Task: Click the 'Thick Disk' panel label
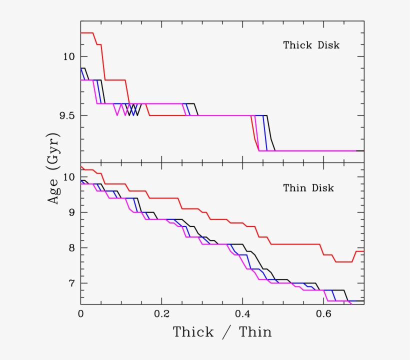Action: tap(311, 45)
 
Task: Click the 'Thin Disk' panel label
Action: tap(308, 188)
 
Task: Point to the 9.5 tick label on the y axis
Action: tap(67, 115)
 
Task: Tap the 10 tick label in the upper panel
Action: tap(69, 56)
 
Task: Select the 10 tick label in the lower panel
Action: tap(69, 177)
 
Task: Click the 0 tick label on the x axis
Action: tap(80, 315)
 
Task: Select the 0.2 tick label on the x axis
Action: tap(161, 315)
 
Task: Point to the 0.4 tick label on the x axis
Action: tap(242, 315)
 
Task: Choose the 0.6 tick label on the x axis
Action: tap(323, 315)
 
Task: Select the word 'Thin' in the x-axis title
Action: tap(254, 332)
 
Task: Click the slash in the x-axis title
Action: tap(227, 332)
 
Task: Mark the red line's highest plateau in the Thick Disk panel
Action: tap(87, 33)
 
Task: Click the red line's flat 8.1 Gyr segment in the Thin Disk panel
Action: tap(295, 244)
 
